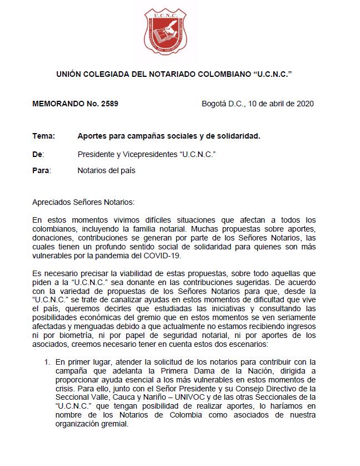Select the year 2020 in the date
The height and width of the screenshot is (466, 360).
305,104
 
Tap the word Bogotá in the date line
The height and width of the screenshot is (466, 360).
214,104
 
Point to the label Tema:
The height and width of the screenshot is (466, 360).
43,136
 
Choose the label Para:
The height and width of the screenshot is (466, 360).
41,170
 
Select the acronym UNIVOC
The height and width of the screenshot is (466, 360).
230,398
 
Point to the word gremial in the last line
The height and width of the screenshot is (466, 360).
114,424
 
